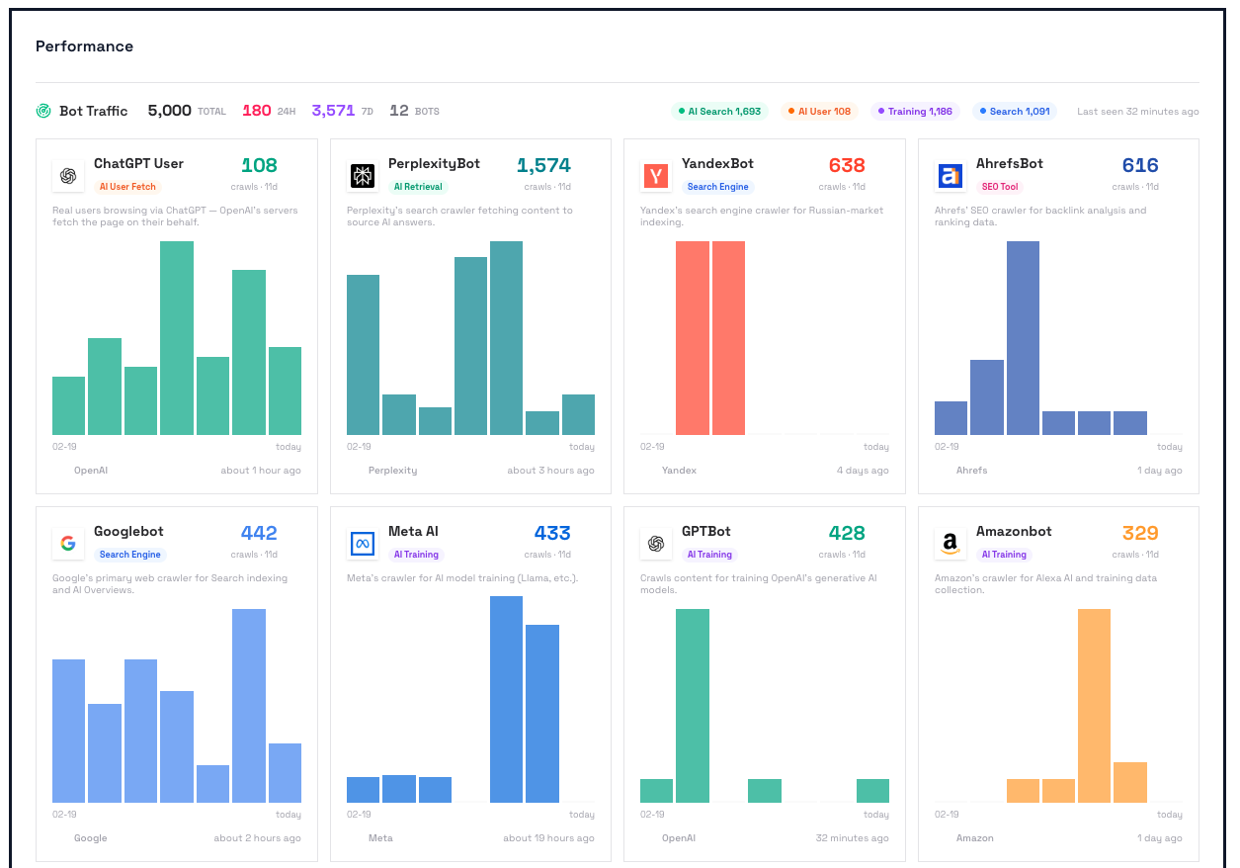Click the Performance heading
coord(84,46)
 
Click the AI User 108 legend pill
coord(819,112)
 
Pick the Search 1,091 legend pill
coord(1015,112)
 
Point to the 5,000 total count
coord(169,111)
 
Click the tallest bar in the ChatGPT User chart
coord(177,338)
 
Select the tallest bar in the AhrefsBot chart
coord(1023,338)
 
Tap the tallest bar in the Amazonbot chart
coord(1094,705)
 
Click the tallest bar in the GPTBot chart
coord(692,705)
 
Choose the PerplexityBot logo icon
coord(363,176)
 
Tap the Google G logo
coord(68,544)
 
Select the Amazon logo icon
coord(950,544)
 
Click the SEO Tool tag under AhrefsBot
coord(1000,187)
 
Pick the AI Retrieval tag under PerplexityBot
coord(418,187)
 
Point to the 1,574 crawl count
coord(543,165)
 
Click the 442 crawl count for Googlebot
coord(259,533)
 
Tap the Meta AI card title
coord(413,532)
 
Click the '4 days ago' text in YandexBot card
coord(862,471)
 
